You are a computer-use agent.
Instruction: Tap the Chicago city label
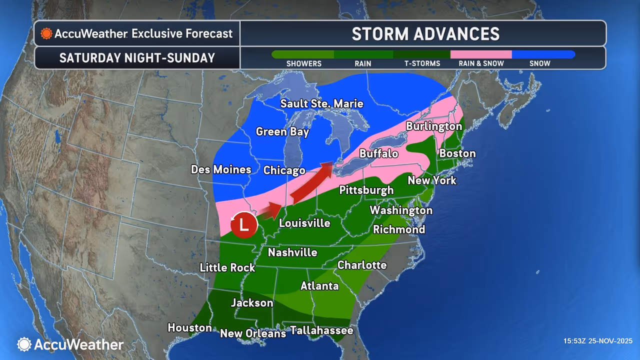click(x=284, y=170)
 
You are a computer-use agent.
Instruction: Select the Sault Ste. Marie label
click(x=321, y=104)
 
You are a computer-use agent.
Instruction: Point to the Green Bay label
click(x=282, y=132)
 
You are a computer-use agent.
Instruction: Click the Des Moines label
click(x=221, y=169)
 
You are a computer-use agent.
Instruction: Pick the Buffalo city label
click(x=378, y=153)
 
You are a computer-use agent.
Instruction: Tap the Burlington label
click(x=433, y=126)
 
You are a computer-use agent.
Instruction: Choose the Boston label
click(x=457, y=153)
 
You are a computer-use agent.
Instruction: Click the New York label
click(x=432, y=180)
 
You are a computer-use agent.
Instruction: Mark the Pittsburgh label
click(x=366, y=190)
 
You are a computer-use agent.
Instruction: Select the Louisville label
click(x=304, y=223)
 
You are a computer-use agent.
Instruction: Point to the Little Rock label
click(x=227, y=267)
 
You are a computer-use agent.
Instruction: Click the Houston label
click(x=189, y=328)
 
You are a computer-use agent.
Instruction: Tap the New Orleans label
click(x=253, y=333)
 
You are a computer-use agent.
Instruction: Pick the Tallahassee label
click(x=321, y=330)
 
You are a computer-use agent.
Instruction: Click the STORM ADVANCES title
click(x=425, y=33)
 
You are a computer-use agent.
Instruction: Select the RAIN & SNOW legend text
click(x=481, y=63)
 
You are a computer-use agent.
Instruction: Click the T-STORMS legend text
click(x=422, y=63)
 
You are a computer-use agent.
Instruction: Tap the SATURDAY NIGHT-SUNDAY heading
click(x=137, y=58)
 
